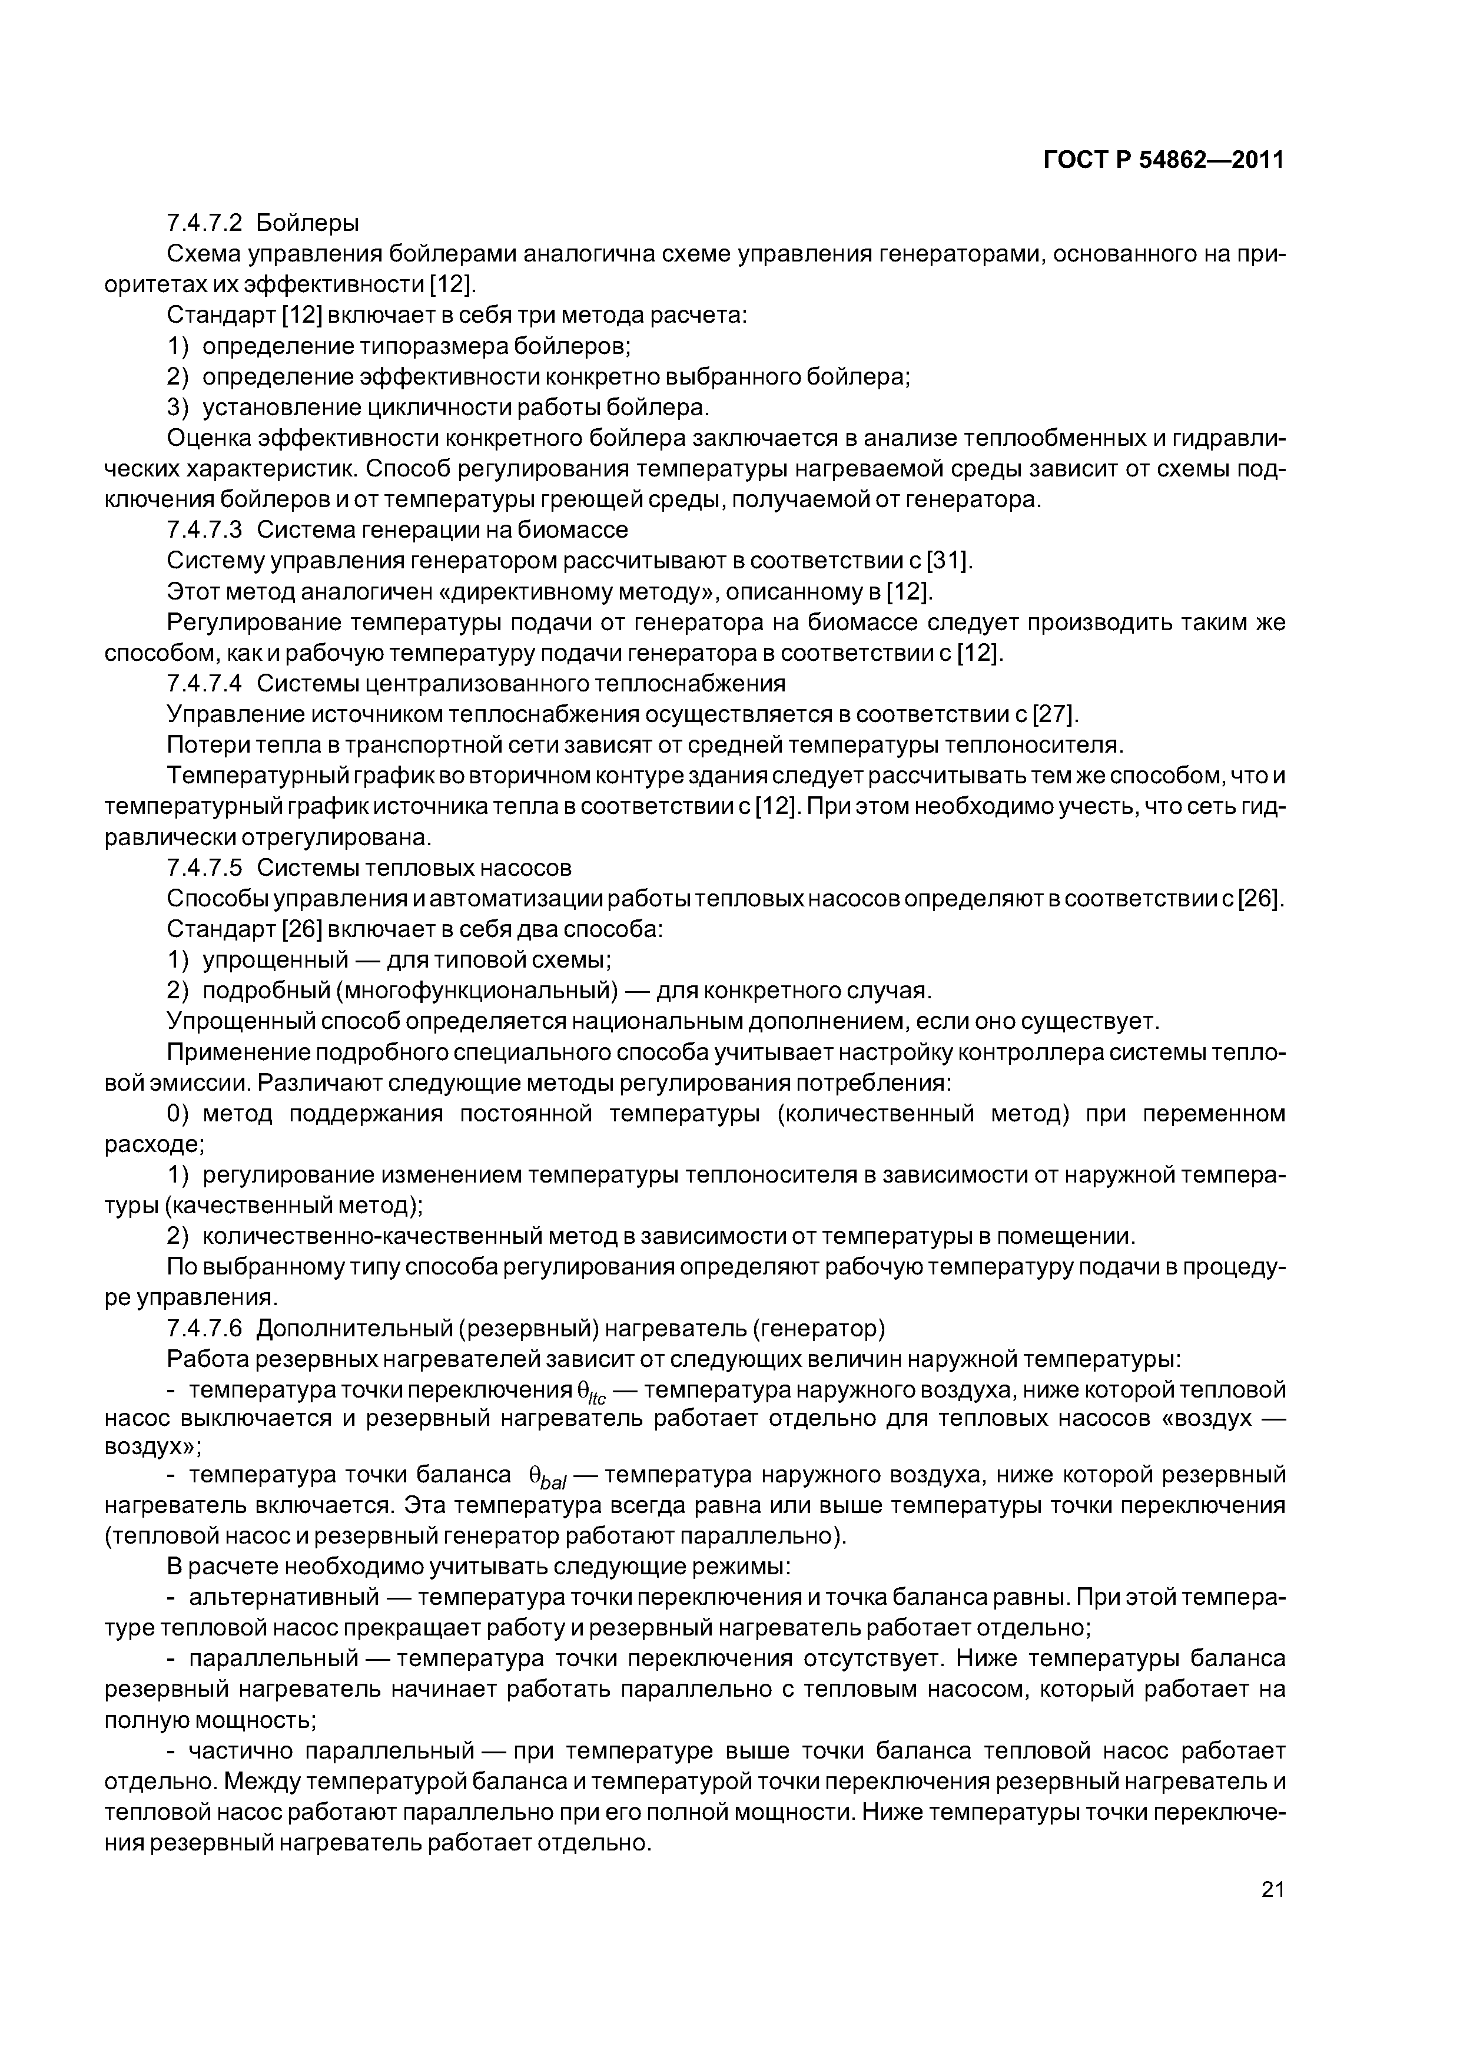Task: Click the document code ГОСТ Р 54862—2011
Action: click(1163, 160)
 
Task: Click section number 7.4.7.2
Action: click(204, 222)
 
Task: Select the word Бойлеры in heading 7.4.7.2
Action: click(308, 222)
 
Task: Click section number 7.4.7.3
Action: click(204, 529)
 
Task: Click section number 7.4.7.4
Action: click(204, 683)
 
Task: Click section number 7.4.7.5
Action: click(204, 868)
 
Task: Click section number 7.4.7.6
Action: click(204, 1328)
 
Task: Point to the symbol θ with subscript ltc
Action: click(590, 1392)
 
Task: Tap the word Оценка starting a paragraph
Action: click(209, 438)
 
